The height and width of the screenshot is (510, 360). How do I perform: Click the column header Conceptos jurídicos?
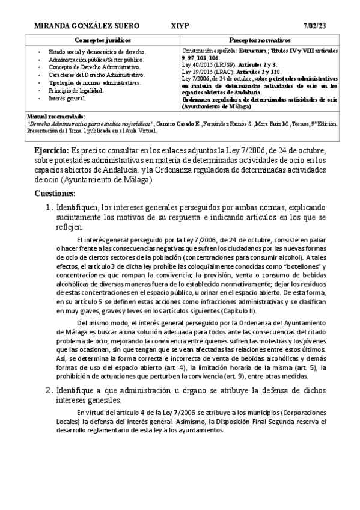point(103,38)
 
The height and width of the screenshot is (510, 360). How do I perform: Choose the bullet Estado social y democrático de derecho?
point(97,52)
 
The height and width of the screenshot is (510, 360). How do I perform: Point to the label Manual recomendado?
point(56,115)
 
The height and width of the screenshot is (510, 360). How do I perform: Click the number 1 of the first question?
point(50,207)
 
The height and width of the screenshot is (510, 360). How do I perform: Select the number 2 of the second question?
point(50,390)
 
